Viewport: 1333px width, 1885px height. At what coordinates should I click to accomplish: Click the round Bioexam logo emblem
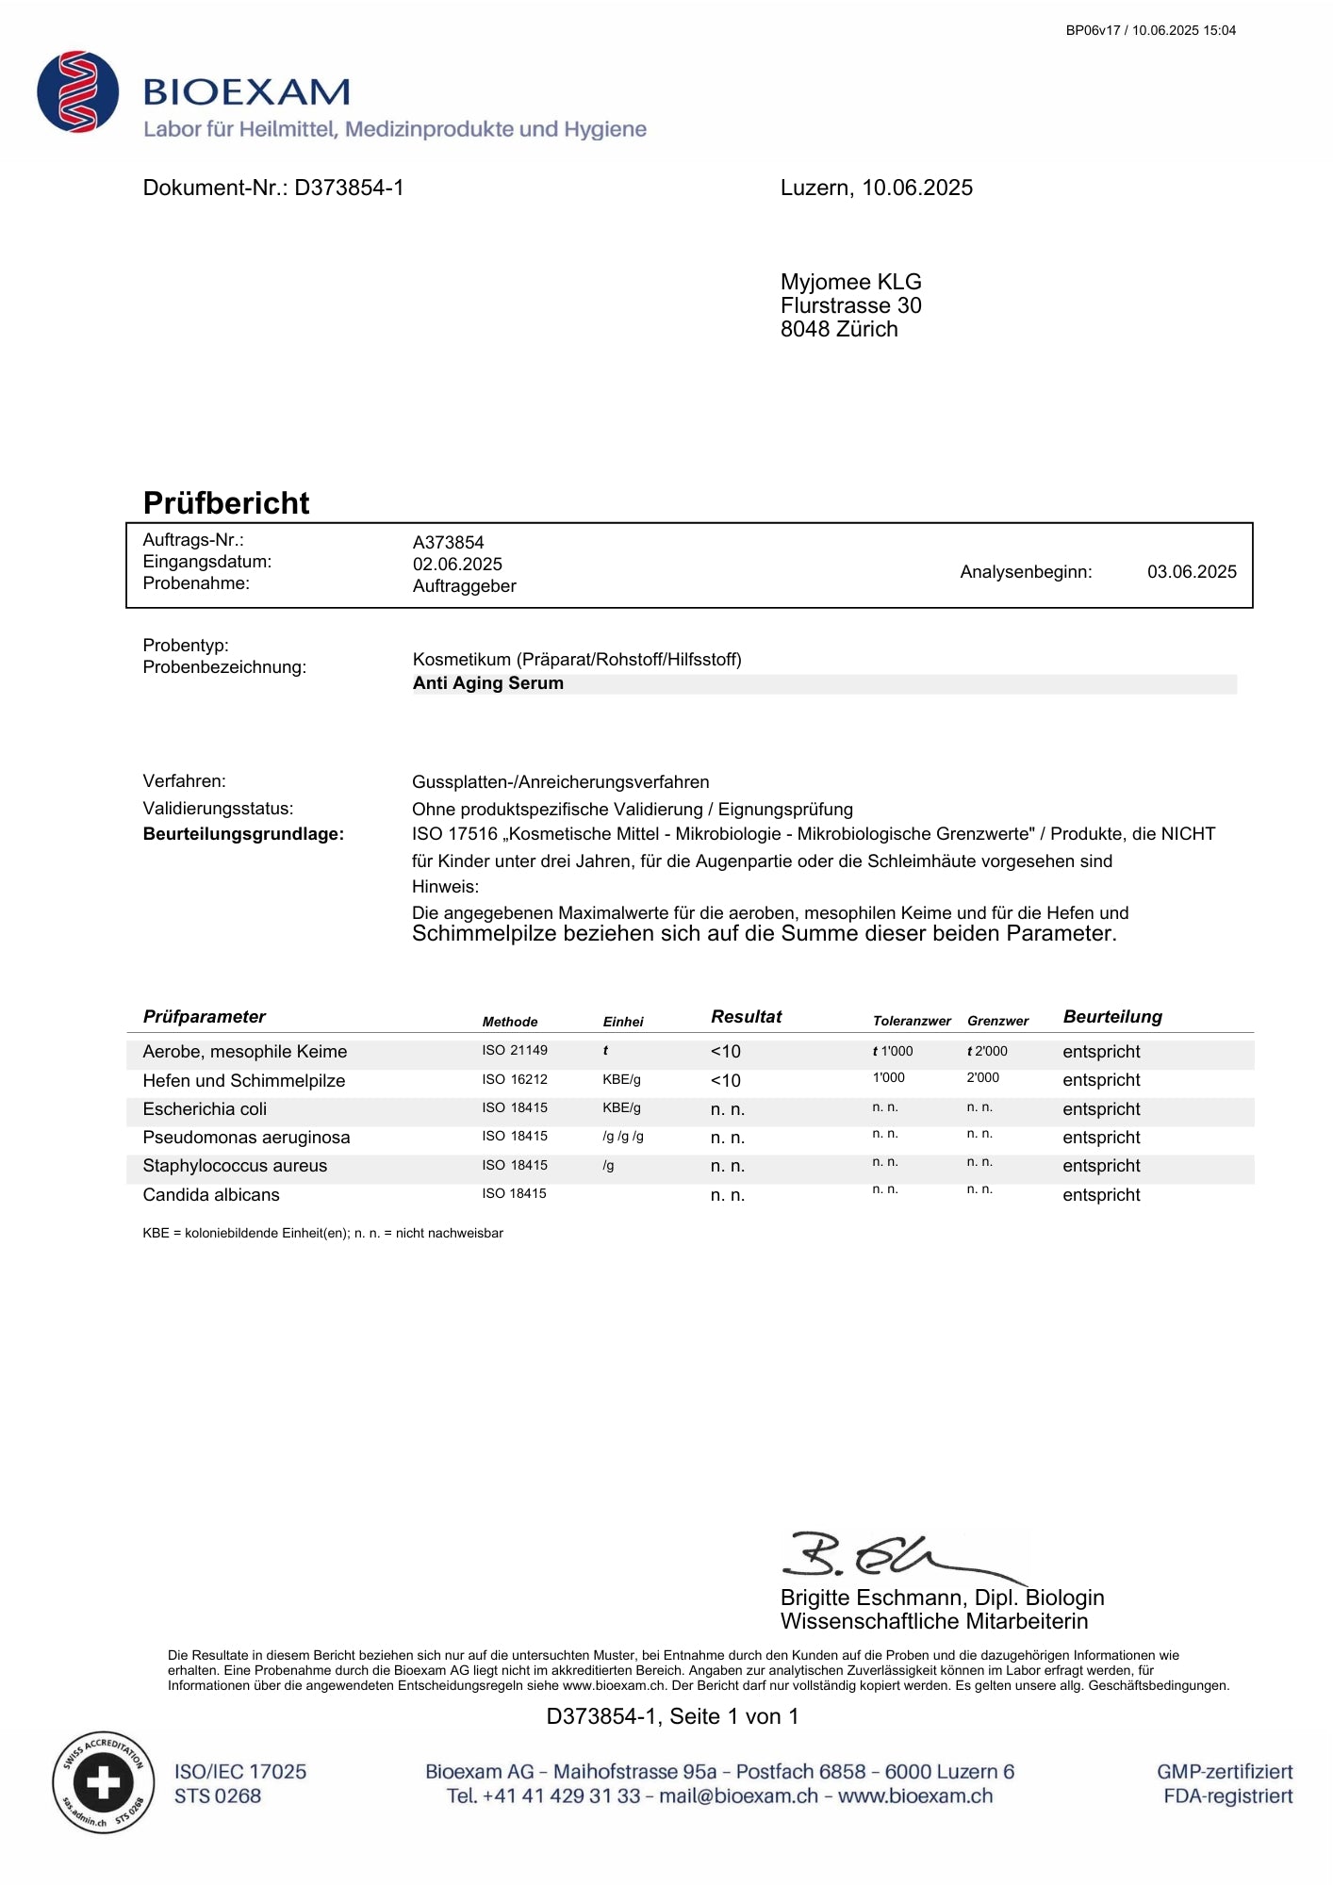[78, 91]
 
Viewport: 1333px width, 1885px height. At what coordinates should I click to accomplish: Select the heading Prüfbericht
[226, 503]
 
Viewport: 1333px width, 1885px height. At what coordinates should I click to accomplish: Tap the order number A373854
[448, 543]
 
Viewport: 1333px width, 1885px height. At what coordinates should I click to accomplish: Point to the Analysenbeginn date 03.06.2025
[1192, 572]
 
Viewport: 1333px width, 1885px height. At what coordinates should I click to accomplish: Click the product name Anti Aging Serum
[488, 683]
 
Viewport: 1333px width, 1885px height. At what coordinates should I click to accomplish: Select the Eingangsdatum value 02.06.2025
[457, 565]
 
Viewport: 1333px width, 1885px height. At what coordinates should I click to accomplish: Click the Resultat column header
[746, 1017]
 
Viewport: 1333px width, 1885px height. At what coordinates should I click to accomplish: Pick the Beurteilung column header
[1112, 1017]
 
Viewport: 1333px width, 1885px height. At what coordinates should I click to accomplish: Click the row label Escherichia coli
[205, 1109]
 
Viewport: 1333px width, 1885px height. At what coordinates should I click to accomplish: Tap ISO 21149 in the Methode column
[515, 1051]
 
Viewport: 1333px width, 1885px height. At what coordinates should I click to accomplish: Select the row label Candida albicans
[211, 1195]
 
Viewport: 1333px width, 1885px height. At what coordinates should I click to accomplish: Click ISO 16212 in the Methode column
[515, 1080]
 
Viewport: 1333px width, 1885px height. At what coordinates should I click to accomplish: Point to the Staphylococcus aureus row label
[235, 1166]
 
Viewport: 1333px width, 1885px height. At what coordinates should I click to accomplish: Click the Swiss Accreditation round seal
[103, 1782]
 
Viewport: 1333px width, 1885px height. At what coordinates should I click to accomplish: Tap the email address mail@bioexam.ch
[738, 1796]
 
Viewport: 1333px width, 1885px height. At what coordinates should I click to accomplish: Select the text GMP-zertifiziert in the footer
[1225, 1772]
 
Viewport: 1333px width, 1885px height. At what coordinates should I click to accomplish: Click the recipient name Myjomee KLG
[850, 282]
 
